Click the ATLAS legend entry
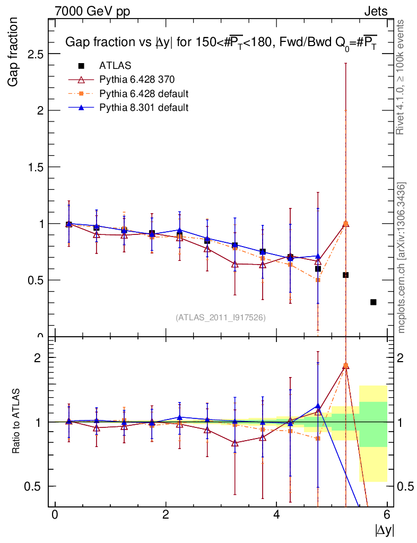click(115, 66)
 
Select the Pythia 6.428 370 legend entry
click(137, 80)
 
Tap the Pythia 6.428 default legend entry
click(144, 94)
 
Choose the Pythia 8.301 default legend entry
click(144, 108)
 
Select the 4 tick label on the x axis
click(276, 514)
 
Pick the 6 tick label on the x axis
click(387, 514)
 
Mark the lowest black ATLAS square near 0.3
click(373, 302)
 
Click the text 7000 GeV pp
click(92, 11)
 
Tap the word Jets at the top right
click(376, 11)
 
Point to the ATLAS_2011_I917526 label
click(221, 317)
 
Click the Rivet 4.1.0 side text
click(401, 77)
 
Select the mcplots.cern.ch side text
click(402, 257)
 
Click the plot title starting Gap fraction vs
click(221, 43)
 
